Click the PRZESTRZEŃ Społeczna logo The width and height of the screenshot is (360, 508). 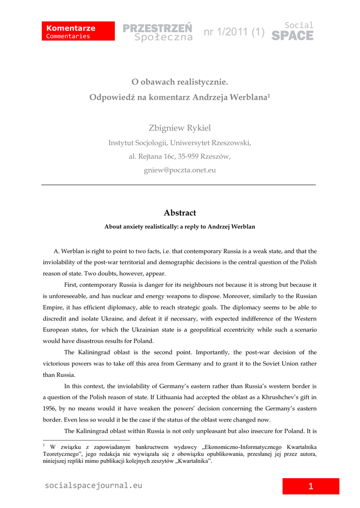158,32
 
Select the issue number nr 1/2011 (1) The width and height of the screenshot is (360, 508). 234,33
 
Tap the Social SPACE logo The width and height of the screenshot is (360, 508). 293,31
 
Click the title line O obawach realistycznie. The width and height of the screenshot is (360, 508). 180,81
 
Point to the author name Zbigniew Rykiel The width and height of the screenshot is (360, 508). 180,128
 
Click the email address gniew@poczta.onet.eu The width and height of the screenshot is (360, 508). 180,170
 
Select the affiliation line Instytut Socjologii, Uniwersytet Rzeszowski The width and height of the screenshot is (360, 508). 180,143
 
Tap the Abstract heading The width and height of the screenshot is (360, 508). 180,213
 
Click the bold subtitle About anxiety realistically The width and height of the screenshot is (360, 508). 180,227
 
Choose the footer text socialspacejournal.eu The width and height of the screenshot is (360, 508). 93,486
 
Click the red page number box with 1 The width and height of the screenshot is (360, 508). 311,486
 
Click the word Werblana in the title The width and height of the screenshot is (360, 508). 248,97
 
